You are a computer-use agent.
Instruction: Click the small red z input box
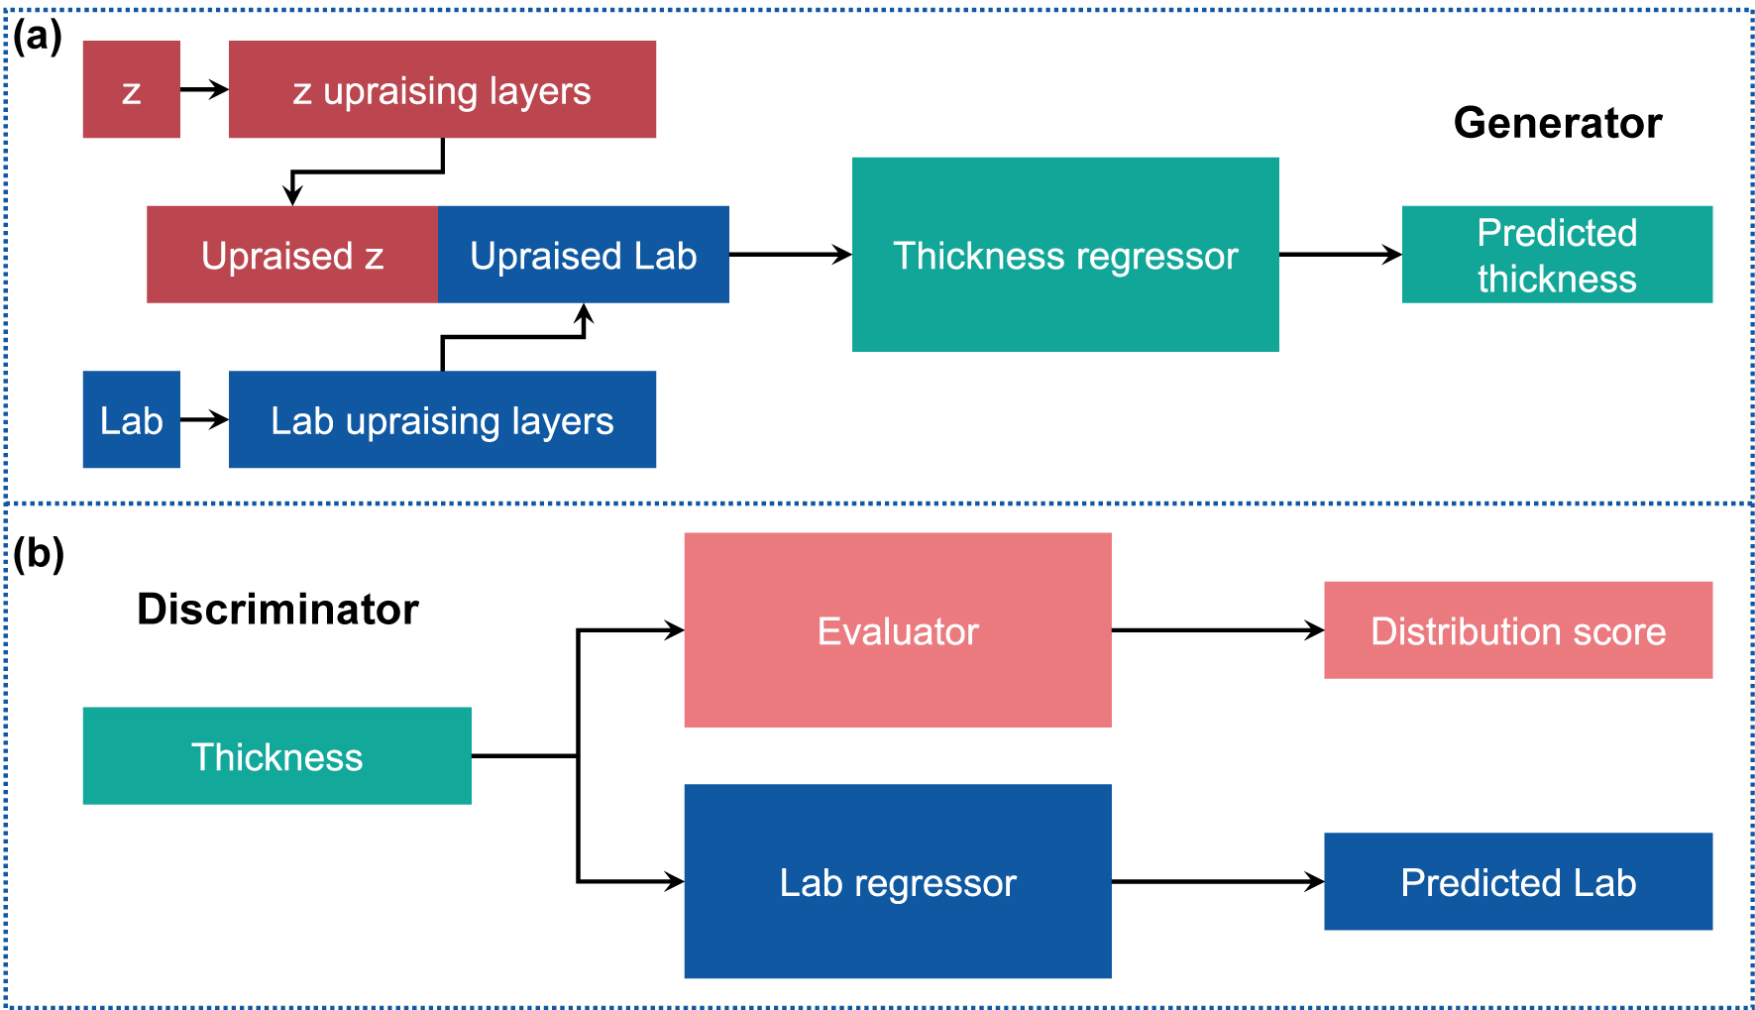coord(131,89)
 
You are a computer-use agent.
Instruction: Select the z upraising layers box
coord(442,89)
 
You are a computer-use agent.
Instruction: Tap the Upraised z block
coord(292,255)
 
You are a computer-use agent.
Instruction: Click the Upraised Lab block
coord(583,255)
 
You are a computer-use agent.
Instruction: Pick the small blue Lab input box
coord(131,419)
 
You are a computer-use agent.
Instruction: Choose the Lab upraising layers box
coord(442,419)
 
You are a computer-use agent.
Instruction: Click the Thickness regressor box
coord(1065,255)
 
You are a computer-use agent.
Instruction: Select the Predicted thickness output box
coord(1557,255)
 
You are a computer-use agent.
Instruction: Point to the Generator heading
coord(1557,123)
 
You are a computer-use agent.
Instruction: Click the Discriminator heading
coord(277,609)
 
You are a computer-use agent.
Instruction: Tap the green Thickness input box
coord(276,755)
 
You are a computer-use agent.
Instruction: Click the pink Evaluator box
coord(898,630)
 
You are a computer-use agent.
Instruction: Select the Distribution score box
coord(1518,630)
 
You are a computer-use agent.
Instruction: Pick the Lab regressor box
coord(898,881)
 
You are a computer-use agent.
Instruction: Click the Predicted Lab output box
coord(1518,881)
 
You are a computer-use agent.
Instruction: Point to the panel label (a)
coord(38,37)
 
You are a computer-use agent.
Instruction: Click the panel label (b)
coord(39,553)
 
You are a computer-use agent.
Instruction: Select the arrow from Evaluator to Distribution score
coord(1217,630)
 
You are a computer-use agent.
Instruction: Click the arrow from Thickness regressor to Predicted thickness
coord(1340,255)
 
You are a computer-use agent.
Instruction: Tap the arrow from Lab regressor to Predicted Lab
coord(1217,881)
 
